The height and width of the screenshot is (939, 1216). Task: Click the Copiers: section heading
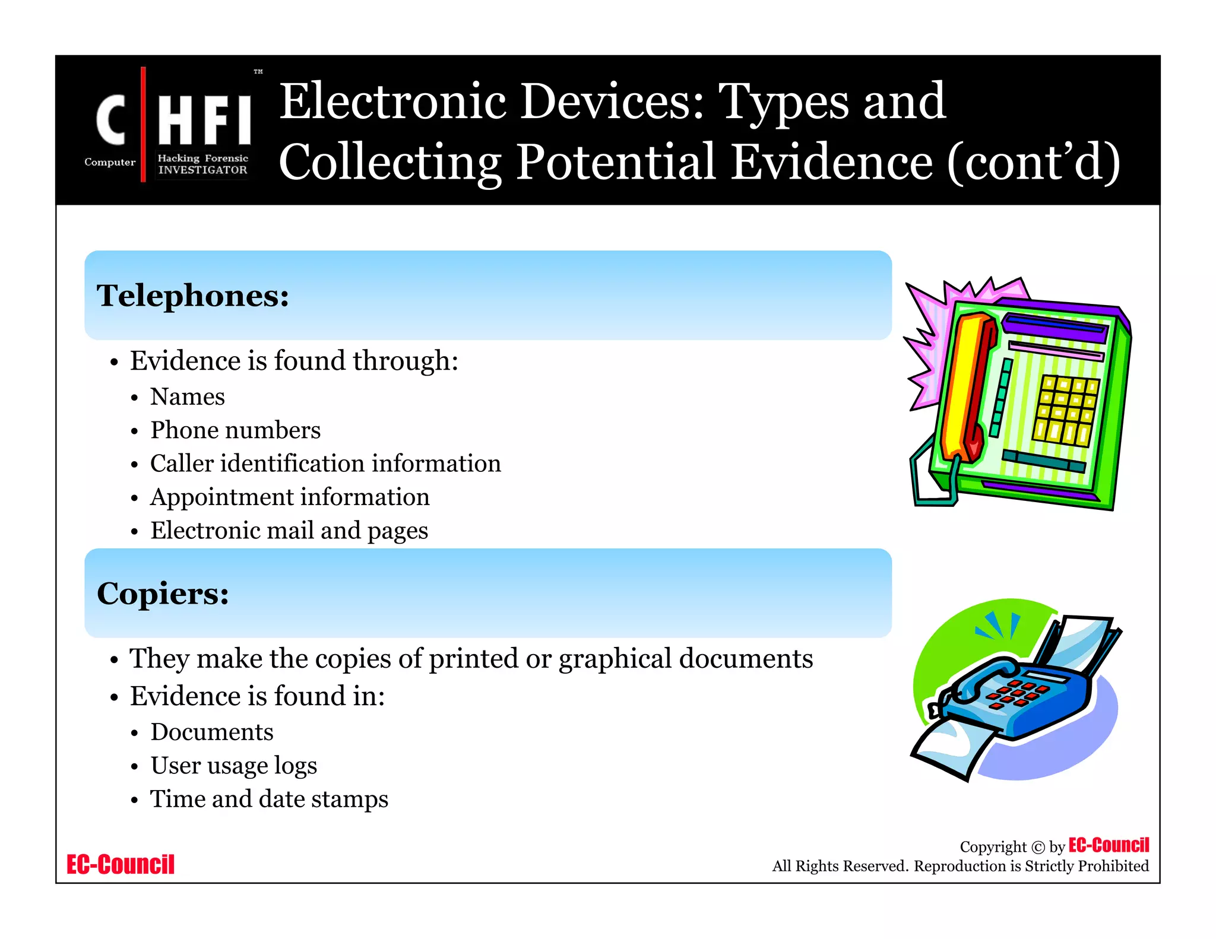tap(163, 593)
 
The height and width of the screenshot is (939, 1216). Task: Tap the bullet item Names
tap(188, 396)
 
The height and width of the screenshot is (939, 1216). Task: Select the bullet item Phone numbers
tap(235, 430)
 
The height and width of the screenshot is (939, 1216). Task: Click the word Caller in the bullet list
tap(181, 464)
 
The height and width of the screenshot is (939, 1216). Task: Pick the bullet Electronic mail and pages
tap(289, 530)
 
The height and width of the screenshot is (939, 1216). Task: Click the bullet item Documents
tap(212, 732)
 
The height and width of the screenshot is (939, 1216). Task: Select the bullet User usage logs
tap(234, 765)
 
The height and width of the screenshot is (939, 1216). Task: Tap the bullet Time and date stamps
tap(269, 799)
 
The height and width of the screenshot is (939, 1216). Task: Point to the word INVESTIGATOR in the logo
tap(202, 170)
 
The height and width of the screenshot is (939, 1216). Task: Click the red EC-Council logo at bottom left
tap(121, 864)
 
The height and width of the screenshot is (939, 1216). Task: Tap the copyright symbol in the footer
tap(1038, 847)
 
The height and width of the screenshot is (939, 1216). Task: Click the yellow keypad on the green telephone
tap(1066, 410)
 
